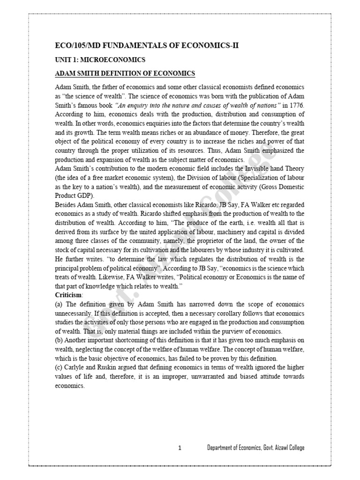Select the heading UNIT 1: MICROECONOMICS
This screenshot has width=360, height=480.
click(x=100, y=60)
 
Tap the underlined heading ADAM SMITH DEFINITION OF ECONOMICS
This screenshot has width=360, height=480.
click(x=125, y=74)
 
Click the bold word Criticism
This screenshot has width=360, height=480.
click(x=69, y=295)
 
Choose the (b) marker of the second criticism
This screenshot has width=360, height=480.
click(x=60, y=340)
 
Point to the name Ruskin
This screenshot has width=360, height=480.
click(x=112, y=367)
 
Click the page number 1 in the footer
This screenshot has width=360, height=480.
click(x=180, y=448)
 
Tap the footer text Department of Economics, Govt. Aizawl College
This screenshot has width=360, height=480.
click(x=255, y=448)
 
